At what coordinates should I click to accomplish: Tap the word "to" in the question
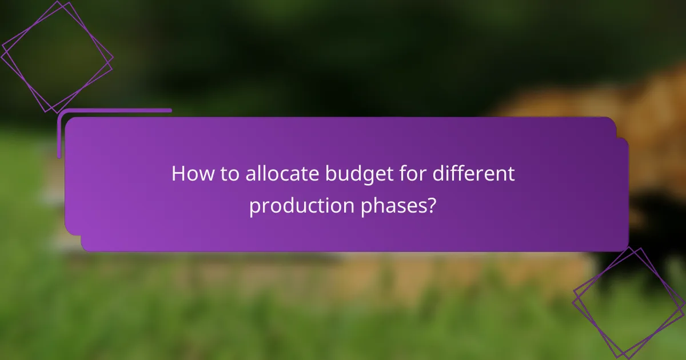tap(230, 174)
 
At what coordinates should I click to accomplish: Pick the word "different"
tap(473, 174)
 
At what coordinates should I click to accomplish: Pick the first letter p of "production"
tap(255, 208)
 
